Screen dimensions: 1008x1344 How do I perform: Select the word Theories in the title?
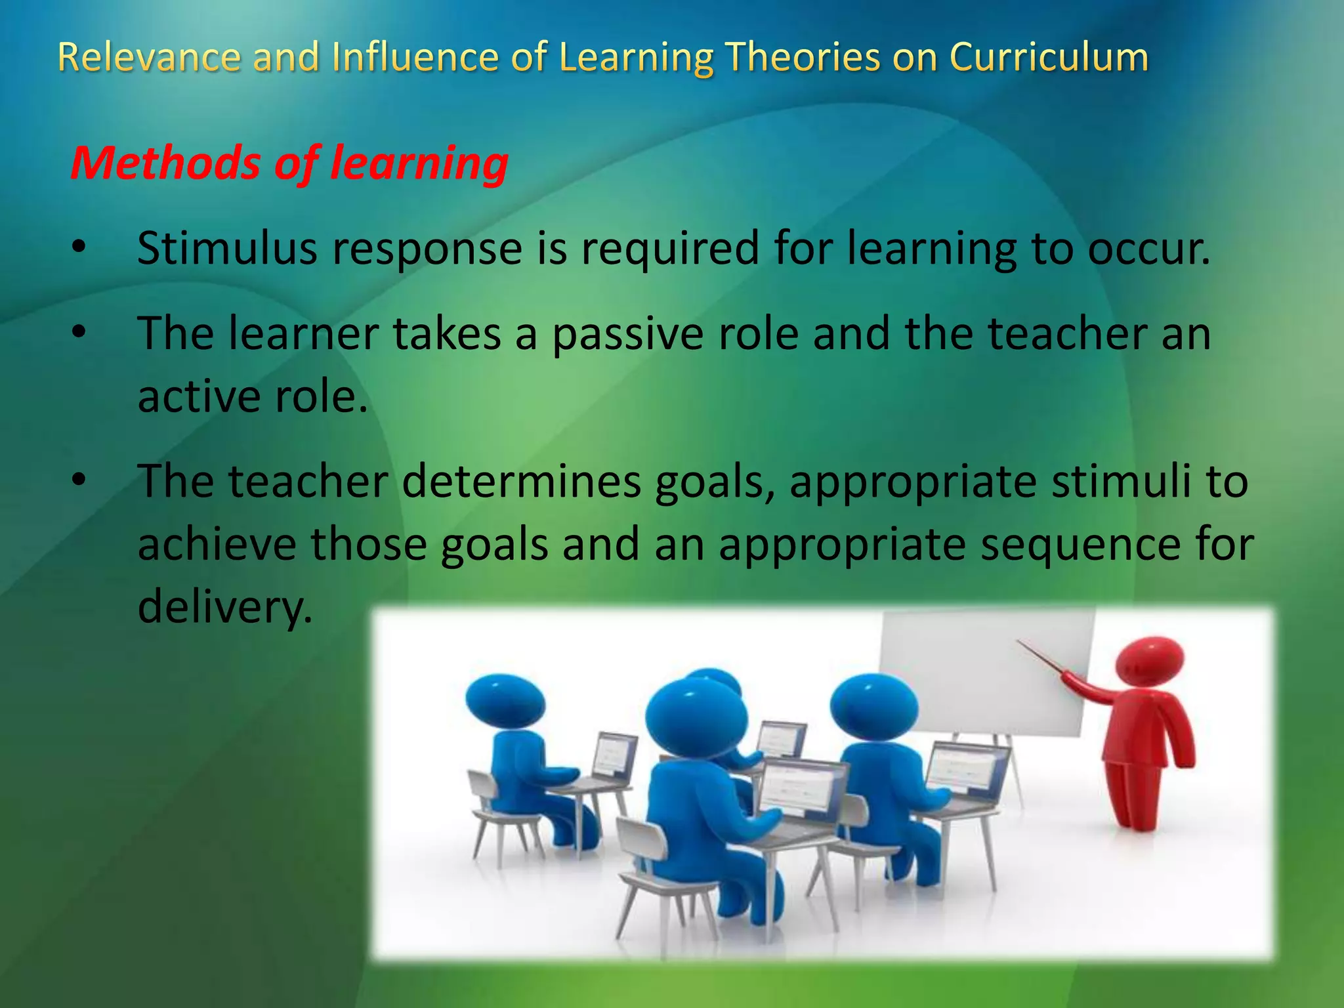802,58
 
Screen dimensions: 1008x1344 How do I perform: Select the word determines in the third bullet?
522,482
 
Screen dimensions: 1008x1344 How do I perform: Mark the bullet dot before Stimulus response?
79,248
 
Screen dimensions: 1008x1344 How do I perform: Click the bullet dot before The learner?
79,332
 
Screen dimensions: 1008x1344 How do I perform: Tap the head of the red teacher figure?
1150,660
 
